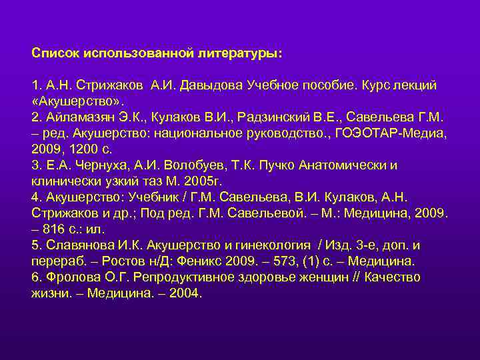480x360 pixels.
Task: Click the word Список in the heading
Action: pyautogui.click(x=54, y=52)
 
